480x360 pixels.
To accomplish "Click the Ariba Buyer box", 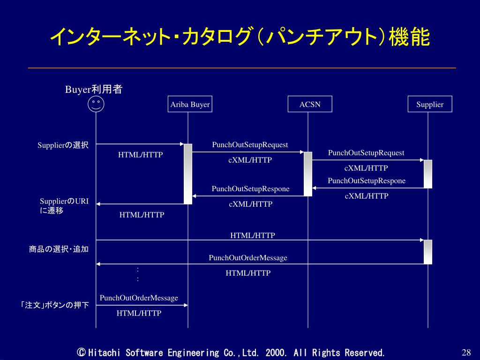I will tap(190, 104).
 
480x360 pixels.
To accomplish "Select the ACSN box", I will tap(310, 104).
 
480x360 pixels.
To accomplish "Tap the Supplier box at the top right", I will tap(430, 104).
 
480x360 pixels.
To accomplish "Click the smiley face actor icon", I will tap(96, 104).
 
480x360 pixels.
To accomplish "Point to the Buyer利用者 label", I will tap(94, 90).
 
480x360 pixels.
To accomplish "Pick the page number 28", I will tap(466, 353).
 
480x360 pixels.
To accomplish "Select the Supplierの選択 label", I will tap(63, 145).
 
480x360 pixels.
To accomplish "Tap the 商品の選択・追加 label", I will tap(59, 249).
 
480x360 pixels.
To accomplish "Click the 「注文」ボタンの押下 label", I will tap(54, 306).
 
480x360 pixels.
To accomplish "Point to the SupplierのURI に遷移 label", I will tap(64, 206).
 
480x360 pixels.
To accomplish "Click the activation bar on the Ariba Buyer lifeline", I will tap(188, 173).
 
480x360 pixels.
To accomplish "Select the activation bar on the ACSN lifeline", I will tap(308, 173).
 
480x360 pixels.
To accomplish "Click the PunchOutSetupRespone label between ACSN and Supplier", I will tap(367, 181).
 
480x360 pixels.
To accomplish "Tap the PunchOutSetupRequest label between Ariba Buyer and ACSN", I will tap(250, 145).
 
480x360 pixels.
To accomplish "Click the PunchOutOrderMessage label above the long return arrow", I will tap(248, 258).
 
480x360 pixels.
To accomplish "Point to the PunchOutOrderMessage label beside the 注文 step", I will tap(139, 298).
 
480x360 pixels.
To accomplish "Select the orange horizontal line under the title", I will tap(242, 68).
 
